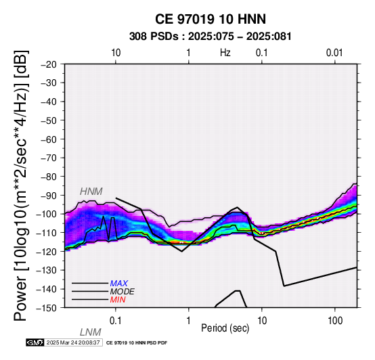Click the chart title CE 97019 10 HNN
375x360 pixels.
click(x=211, y=19)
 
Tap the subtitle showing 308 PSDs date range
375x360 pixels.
click(x=211, y=37)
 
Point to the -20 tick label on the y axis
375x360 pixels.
click(x=49, y=64)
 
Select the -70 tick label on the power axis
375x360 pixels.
click(x=49, y=158)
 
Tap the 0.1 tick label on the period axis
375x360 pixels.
click(x=115, y=321)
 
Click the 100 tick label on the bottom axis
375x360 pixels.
click(x=335, y=321)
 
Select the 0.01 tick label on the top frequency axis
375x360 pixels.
click(x=334, y=53)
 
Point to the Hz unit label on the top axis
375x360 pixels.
click(x=225, y=53)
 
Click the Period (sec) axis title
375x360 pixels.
click(x=225, y=328)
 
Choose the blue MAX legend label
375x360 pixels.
click(x=119, y=284)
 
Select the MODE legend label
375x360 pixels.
click(x=123, y=292)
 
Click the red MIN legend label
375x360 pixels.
click(x=118, y=300)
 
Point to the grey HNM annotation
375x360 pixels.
click(x=91, y=192)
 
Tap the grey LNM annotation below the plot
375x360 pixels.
click(x=91, y=332)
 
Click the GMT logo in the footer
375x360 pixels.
click(x=35, y=342)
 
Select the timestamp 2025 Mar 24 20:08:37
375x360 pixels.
click(x=73, y=342)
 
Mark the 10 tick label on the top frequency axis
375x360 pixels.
click(x=116, y=53)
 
